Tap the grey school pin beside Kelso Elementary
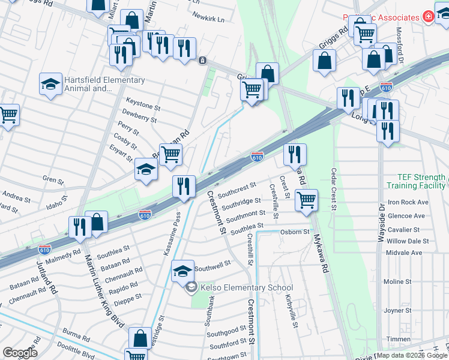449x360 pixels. pyautogui.click(x=191, y=287)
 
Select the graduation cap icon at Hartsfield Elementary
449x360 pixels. pyautogui.click(x=51, y=85)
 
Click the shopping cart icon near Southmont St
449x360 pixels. pyautogui.click(x=306, y=199)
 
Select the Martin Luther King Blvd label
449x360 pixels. pyautogui.click(x=104, y=291)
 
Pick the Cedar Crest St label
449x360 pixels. pyautogui.click(x=334, y=190)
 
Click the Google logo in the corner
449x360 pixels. pyautogui.click(x=20, y=353)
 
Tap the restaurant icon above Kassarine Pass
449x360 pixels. pyautogui.click(x=184, y=186)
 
